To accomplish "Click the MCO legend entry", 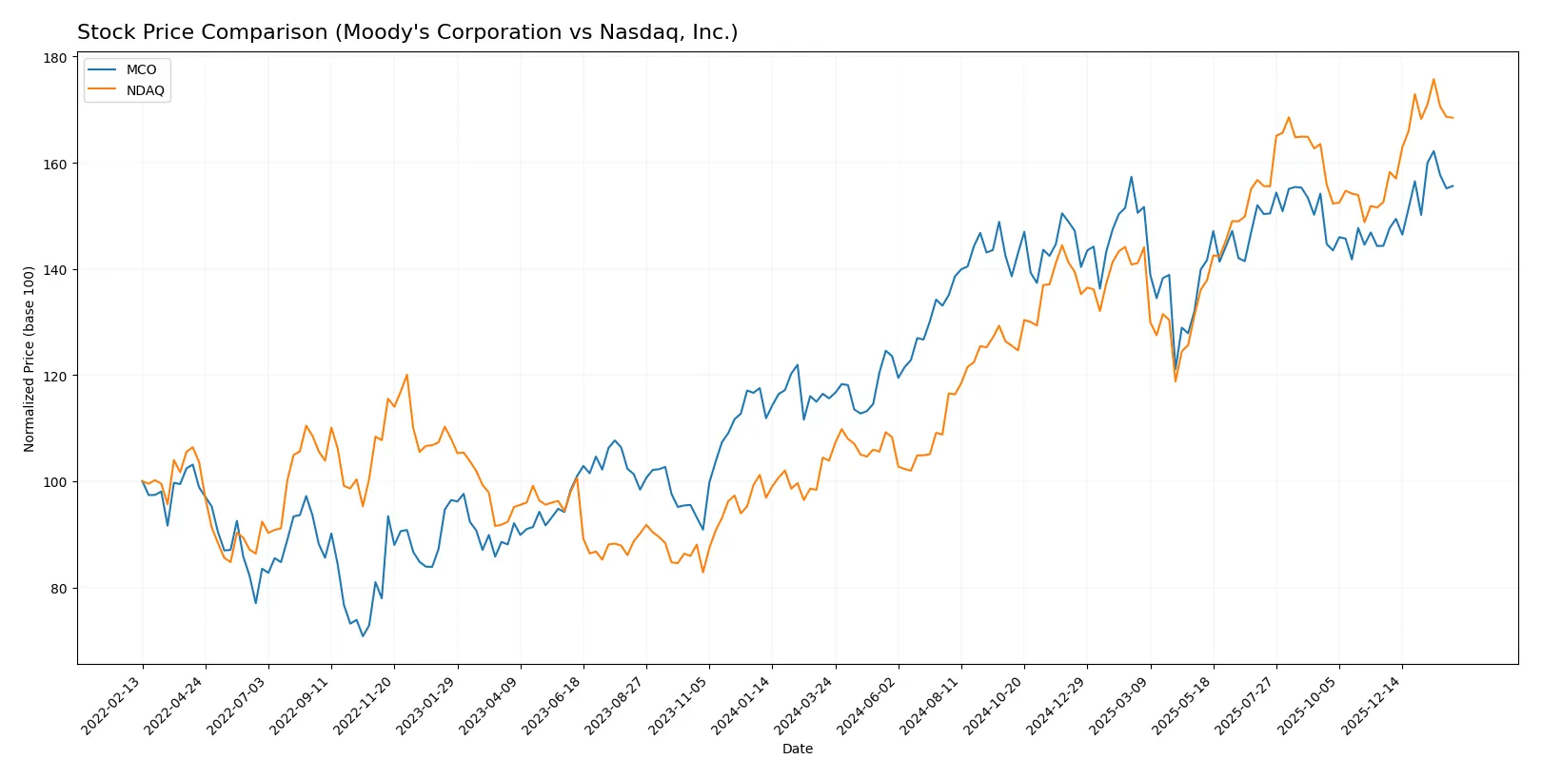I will point(140,69).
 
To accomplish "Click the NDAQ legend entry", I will point(145,90).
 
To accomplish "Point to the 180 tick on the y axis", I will point(55,58).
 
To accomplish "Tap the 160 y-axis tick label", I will point(55,165).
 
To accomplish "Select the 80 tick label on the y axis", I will point(58,589).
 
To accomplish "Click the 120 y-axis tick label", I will point(55,377).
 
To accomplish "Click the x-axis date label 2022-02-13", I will point(111,706).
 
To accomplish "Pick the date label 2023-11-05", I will point(678,706).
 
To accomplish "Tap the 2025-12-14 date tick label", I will point(1371,706).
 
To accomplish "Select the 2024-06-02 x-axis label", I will point(866,706).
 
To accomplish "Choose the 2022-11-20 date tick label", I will point(363,706).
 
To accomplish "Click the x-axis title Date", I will point(797,749).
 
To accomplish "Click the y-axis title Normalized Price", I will point(29,359).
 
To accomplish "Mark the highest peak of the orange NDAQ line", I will point(1433,80).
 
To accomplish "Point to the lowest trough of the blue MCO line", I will point(363,635).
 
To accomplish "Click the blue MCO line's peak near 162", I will point(1433,151).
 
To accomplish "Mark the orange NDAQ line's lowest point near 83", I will point(703,572).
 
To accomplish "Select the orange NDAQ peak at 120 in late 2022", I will point(406,375).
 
